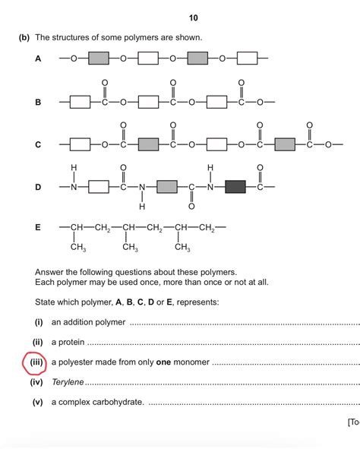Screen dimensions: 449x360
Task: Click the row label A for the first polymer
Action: [x=38, y=58]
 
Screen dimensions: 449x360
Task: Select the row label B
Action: [x=38, y=101]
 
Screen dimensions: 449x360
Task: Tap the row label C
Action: [x=38, y=144]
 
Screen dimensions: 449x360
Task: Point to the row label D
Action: [x=38, y=186]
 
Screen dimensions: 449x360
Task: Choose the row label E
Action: [x=38, y=227]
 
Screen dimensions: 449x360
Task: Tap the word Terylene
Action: [x=68, y=382]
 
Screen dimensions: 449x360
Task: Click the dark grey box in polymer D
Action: [x=236, y=186]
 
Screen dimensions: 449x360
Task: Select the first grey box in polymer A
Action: [x=99, y=58]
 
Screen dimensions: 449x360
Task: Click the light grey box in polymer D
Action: [x=167, y=186]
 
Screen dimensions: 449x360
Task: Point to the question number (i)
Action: [x=38, y=323]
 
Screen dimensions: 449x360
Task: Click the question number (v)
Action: [x=37, y=402]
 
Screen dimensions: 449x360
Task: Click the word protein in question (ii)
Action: [x=70, y=343]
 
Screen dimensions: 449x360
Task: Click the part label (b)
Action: [x=21, y=36]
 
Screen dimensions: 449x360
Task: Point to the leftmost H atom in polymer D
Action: [x=74, y=167]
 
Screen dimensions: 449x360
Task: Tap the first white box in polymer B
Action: [x=81, y=101]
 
